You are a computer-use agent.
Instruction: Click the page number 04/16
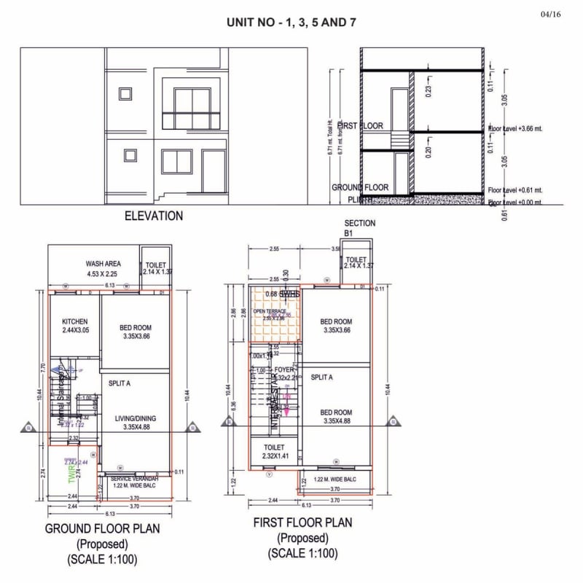pos(551,15)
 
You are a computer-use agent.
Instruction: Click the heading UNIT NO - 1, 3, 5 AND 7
pos(291,23)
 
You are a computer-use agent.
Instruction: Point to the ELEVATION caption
pos(154,216)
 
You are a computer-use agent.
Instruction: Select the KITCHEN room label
pos(75,326)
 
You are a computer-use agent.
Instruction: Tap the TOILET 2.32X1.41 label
pos(275,452)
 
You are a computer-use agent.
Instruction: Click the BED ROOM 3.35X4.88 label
pos(336,416)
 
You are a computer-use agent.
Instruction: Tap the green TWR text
pos(71,475)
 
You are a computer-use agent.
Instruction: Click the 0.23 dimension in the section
pos(429,90)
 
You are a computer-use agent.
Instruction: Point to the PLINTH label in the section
pos(359,199)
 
